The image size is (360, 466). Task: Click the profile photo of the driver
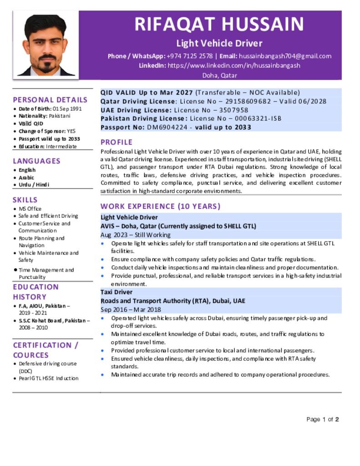(46, 45)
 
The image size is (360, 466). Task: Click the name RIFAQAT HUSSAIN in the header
(219, 24)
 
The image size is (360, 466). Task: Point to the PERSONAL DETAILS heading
(50, 100)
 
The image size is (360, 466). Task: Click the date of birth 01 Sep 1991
(67, 109)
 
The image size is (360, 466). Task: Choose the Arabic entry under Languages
(26, 177)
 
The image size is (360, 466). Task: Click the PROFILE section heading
(117, 142)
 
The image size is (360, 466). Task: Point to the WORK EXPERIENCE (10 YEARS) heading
(160, 206)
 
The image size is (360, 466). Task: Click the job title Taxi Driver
(117, 292)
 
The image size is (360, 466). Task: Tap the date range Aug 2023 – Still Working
(136, 235)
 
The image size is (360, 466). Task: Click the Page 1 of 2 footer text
(323, 419)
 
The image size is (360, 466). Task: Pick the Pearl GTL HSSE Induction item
(49, 378)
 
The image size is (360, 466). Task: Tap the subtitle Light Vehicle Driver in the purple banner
(219, 44)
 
